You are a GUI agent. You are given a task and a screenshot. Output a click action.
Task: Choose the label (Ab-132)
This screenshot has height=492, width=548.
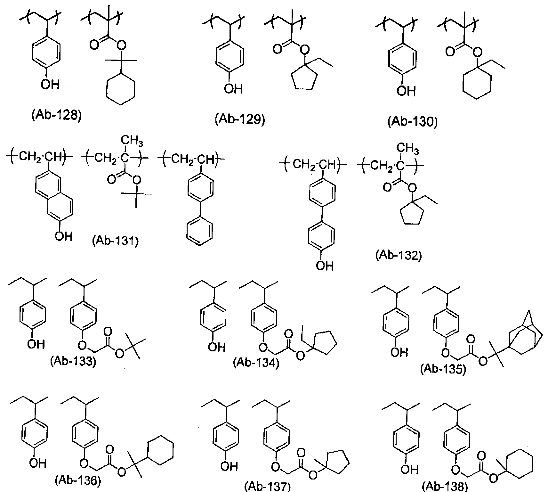tap(399, 256)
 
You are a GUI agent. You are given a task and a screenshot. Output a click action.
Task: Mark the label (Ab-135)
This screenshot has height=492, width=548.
tap(443, 369)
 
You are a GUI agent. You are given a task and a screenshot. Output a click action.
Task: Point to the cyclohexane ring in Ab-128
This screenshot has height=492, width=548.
tap(120, 88)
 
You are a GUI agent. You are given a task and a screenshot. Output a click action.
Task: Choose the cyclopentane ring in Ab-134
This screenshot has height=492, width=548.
tap(325, 342)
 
